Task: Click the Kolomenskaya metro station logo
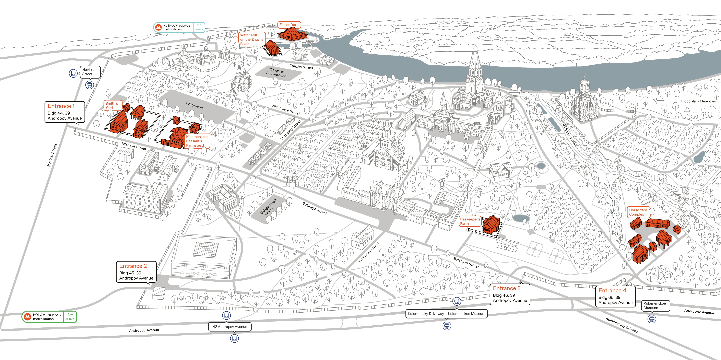coord(27,317)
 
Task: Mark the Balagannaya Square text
coord(269,207)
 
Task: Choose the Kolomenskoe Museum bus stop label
coord(655,305)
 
